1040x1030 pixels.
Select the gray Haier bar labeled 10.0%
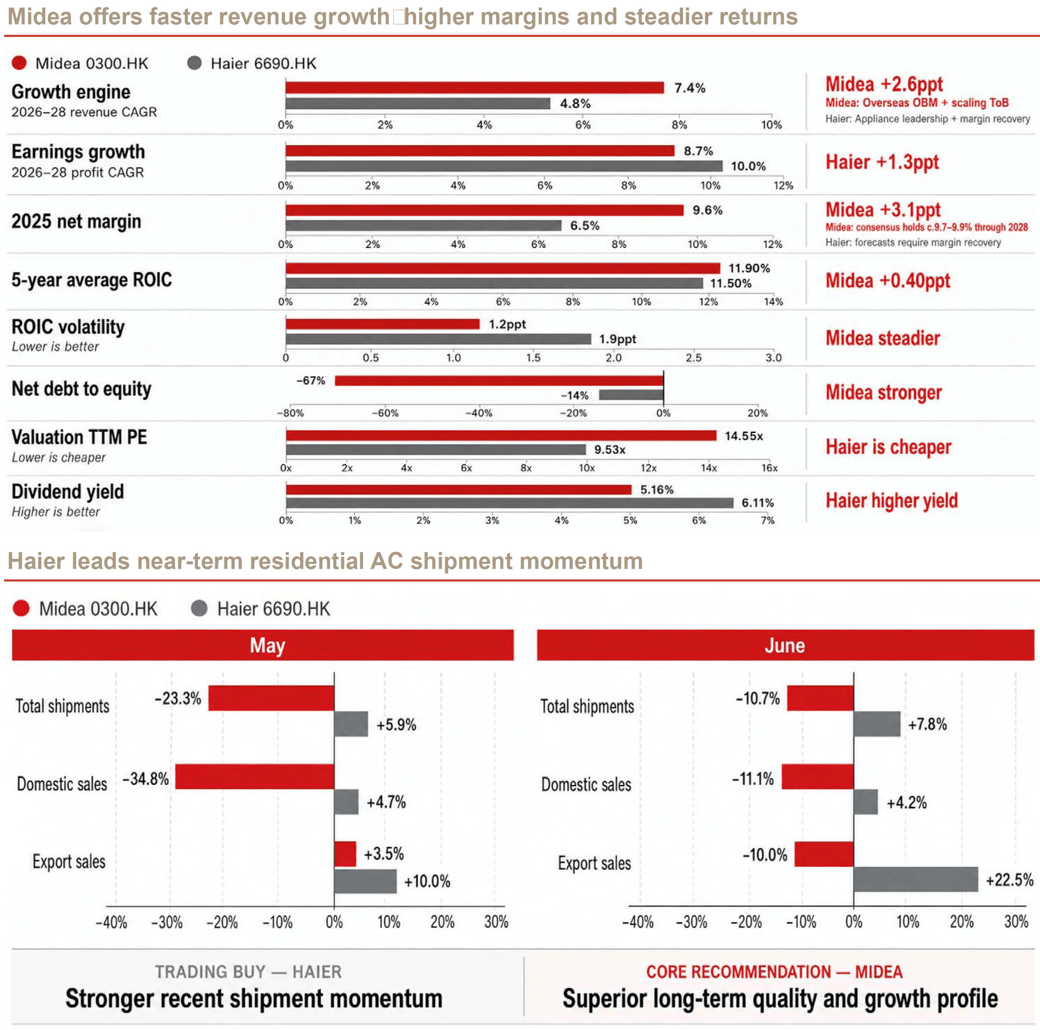click(504, 166)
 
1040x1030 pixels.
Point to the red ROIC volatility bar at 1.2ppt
click(382, 323)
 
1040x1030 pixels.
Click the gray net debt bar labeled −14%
click(631, 395)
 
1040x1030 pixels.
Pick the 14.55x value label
click(743, 435)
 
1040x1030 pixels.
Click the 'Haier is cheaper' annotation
click(888, 447)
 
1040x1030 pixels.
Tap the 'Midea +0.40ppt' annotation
click(888, 281)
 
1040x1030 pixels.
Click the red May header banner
click(263, 645)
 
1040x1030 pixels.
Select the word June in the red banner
click(785, 645)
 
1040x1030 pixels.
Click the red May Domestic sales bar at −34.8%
click(255, 777)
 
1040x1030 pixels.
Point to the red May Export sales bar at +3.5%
click(345, 854)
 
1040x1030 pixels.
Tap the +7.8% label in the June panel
click(927, 724)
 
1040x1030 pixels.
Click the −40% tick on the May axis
click(112, 922)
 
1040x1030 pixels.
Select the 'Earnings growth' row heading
click(78, 152)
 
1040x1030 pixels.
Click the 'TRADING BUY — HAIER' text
click(248, 972)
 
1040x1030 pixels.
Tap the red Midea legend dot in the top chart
click(19, 63)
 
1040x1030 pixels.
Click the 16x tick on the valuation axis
click(769, 468)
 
